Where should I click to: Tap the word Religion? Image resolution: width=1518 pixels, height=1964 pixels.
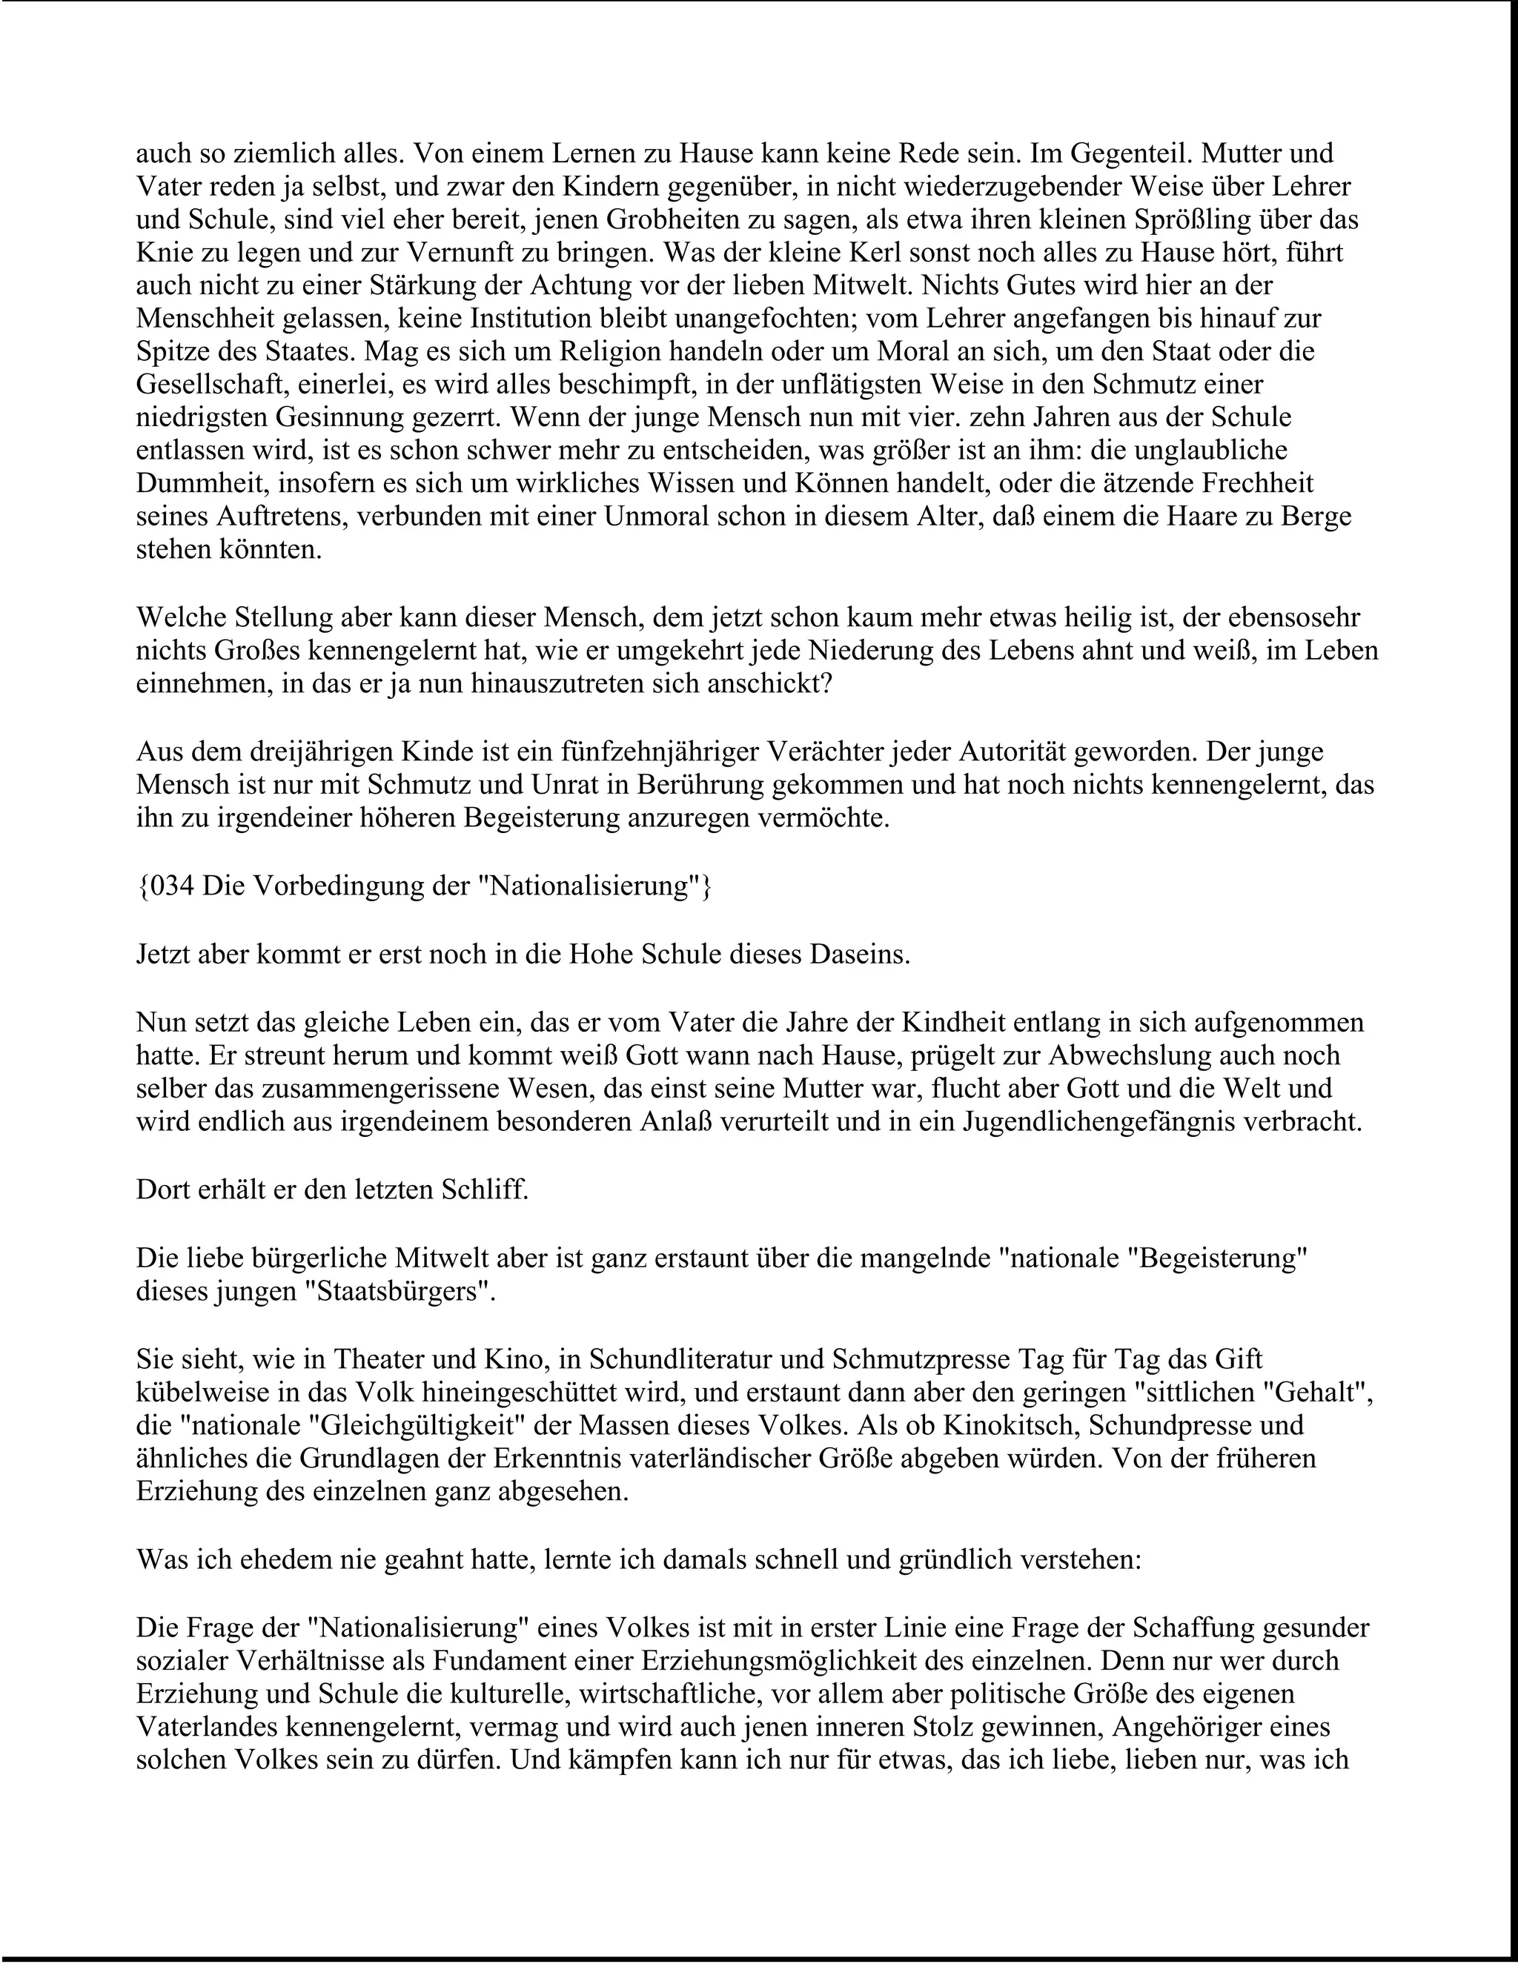[594, 351]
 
